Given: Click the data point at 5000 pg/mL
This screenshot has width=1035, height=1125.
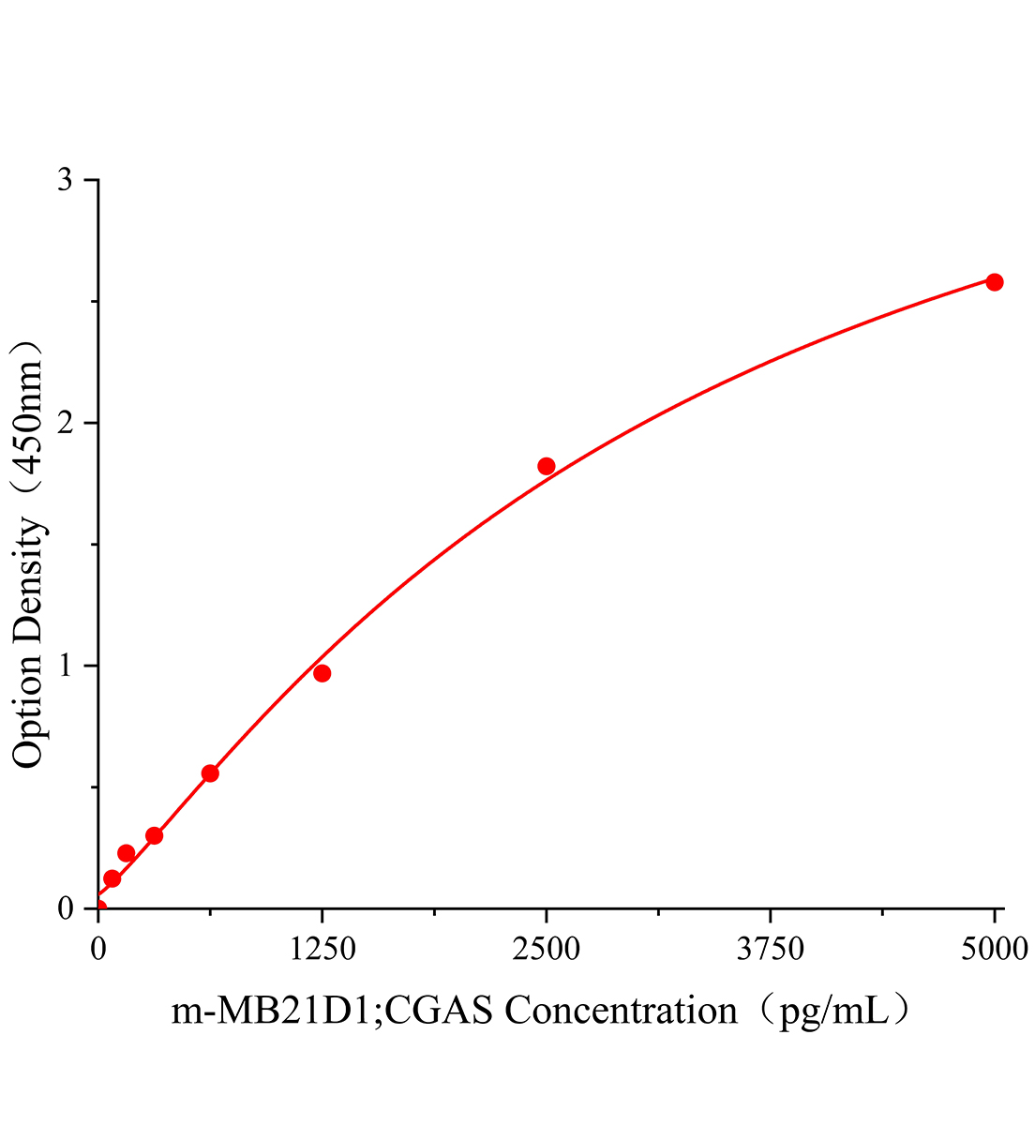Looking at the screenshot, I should [994, 282].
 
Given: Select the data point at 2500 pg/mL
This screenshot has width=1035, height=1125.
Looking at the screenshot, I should [547, 466].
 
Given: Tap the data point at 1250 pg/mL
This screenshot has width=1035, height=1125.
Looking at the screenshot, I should [322, 673].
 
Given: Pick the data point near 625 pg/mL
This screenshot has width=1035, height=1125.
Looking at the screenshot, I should [210, 773].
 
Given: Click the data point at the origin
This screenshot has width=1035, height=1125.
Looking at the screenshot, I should [98, 907].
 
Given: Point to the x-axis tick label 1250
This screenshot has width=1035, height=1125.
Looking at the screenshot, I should [322, 950].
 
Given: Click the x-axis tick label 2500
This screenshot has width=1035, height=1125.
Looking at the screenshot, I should [547, 950].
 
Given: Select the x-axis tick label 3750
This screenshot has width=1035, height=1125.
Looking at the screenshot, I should [770, 950].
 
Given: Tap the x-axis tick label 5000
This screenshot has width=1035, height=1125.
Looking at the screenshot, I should [994, 950].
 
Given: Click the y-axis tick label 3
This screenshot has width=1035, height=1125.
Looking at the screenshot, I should [65, 180].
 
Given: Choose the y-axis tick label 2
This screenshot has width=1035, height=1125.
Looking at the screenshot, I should [65, 423].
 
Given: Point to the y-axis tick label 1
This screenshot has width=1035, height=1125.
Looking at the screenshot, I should [65, 666].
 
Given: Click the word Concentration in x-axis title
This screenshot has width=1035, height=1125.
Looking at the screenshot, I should [621, 1012].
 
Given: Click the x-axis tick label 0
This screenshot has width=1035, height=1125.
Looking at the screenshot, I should [98, 950].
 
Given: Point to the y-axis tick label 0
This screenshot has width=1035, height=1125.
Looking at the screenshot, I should [65, 908].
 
